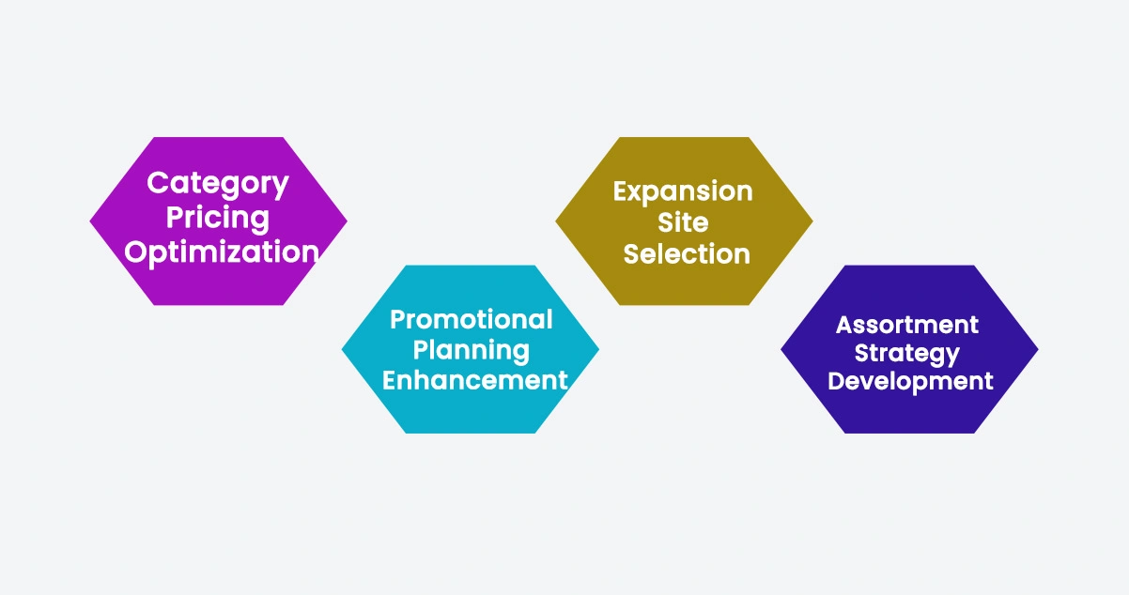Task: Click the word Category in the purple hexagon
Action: pyautogui.click(x=218, y=183)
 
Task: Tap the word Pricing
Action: pyautogui.click(x=218, y=218)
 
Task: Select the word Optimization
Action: pyautogui.click(x=222, y=252)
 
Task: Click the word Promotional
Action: pyautogui.click(x=472, y=320)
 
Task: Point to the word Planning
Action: pyautogui.click(x=472, y=350)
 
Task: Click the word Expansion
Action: pyautogui.click(x=683, y=191)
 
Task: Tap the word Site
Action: pyautogui.click(x=684, y=222)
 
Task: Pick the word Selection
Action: pyautogui.click(x=687, y=253)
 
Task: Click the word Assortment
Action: pyautogui.click(x=907, y=325)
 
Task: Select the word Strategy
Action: pyautogui.click(x=907, y=354)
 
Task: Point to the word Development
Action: pyautogui.click(x=910, y=382)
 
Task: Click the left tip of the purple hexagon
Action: pyautogui.click(x=91, y=221)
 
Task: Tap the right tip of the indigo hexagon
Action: pyautogui.click(x=1038, y=349)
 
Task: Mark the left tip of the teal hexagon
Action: pyautogui.click(x=342, y=349)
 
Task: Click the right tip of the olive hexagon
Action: pyautogui.click(x=812, y=221)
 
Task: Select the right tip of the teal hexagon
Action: pyautogui.click(x=599, y=349)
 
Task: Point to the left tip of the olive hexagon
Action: pyautogui.click(x=556, y=221)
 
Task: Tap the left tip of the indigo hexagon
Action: pyautogui.click(x=781, y=349)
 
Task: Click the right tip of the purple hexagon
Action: pyautogui.click(x=347, y=221)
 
